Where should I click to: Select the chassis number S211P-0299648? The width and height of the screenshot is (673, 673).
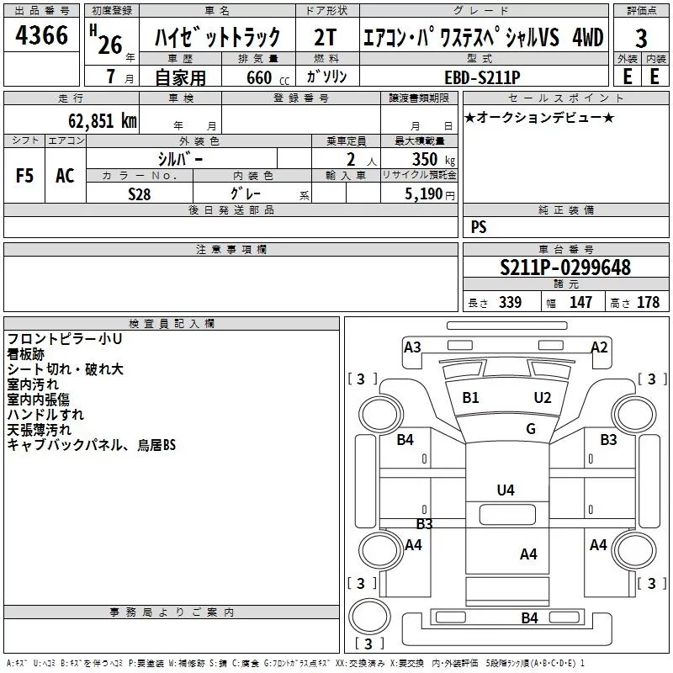point(564,268)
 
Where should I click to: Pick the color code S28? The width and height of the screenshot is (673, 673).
point(140,193)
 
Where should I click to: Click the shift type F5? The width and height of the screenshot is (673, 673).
point(25,176)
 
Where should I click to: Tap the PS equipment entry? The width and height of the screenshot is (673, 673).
point(479,227)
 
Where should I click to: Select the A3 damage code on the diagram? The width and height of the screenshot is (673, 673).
point(412,347)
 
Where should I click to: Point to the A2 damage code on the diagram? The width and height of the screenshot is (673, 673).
point(599,347)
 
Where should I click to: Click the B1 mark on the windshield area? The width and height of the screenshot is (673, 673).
point(470,397)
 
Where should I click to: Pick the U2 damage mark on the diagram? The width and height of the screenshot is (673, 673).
point(543,397)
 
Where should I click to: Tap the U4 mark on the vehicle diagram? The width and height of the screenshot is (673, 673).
point(506,490)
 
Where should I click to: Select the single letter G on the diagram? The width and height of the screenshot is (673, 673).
point(531,429)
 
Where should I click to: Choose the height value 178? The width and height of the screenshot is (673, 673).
point(648,303)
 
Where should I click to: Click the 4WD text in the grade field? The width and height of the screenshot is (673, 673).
point(587,37)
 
